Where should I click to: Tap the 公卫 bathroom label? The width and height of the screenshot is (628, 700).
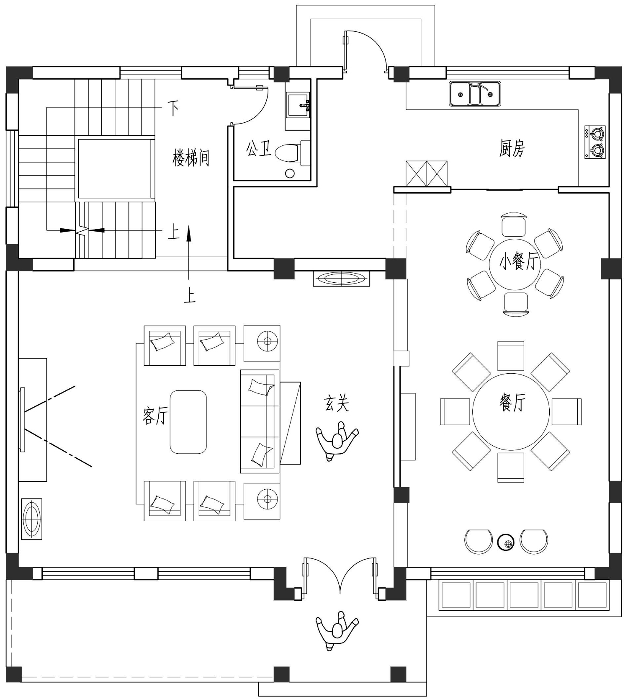[x=259, y=149]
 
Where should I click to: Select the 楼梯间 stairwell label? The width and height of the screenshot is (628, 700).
[x=191, y=158]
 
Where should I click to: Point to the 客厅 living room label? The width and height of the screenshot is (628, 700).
[x=155, y=416]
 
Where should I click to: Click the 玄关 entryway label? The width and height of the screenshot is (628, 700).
[x=336, y=403]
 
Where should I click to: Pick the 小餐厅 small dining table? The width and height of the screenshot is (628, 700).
[x=515, y=263]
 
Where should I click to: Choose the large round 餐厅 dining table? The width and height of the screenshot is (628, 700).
[x=511, y=411]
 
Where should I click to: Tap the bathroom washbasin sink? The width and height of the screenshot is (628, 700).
[x=298, y=104]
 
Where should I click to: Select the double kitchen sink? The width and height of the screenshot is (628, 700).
[x=475, y=94]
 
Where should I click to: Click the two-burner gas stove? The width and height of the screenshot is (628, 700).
[x=595, y=142]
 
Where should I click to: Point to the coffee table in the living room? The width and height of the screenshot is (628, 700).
[x=188, y=422]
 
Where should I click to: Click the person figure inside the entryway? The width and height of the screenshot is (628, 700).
[x=337, y=442]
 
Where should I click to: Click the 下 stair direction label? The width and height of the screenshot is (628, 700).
[x=173, y=108]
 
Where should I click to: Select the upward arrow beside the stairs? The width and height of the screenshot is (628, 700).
[x=189, y=252]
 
